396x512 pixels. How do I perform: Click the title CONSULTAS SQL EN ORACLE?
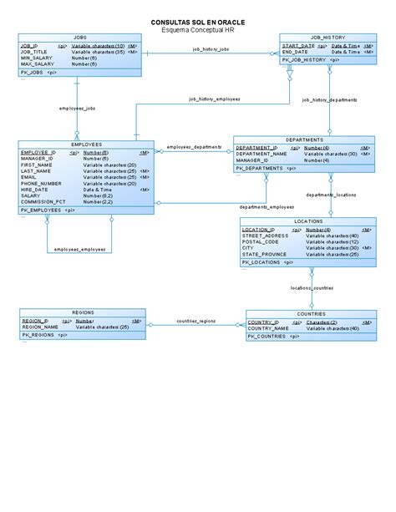197,22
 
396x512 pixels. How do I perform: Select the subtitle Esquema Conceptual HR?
197,29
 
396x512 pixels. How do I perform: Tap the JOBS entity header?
80,38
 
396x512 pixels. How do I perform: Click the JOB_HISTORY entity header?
327,38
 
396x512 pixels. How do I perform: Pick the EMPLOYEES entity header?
86,144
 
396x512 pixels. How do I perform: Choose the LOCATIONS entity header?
308,221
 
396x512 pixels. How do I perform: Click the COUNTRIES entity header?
311,314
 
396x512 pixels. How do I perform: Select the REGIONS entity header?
83,312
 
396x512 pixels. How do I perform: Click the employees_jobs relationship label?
77,109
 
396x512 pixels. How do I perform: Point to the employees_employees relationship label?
80,249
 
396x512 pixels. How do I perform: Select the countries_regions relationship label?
196,320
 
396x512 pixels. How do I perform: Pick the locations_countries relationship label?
312,288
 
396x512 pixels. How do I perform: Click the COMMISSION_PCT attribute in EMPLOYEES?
43,201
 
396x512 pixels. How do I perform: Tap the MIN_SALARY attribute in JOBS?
37,58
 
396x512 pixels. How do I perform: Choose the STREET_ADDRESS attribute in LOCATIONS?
265,236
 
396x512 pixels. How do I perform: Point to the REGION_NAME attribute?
40,327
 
